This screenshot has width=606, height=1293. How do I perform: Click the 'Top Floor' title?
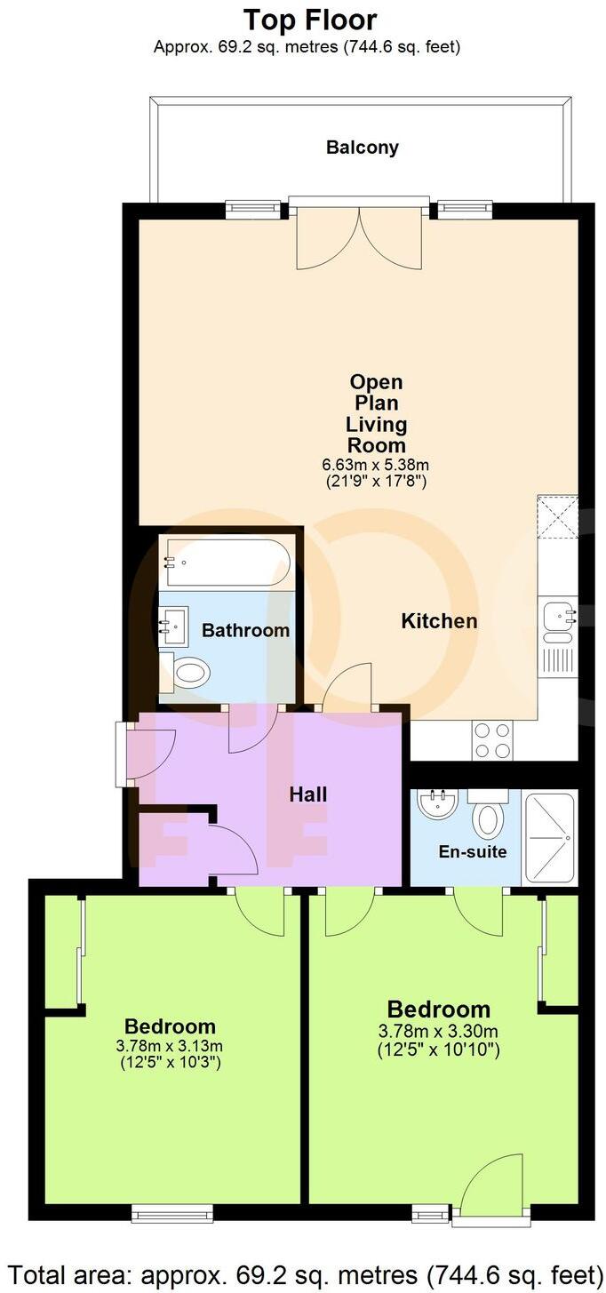tap(309, 20)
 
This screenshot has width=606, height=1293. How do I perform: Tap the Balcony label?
tap(362, 148)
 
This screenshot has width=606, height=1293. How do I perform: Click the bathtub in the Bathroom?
tap(227, 563)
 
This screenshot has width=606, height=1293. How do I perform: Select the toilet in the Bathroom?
tap(189, 673)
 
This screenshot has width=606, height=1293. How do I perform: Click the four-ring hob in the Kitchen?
tap(492, 740)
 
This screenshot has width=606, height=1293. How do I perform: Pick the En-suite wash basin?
tap(437, 805)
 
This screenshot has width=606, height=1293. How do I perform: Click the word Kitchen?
tap(439, 621)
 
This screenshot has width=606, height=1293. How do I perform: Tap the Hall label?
tap(307, 794)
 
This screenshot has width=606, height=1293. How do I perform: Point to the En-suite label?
tap(473, 852)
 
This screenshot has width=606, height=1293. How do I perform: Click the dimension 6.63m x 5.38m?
tap(376, 465)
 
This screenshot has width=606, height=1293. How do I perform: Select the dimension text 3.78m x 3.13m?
tap(170, 1045)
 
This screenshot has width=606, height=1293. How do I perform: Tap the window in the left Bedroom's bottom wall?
tap(171, 1212)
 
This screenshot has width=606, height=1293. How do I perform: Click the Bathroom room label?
tap(245, 631)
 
